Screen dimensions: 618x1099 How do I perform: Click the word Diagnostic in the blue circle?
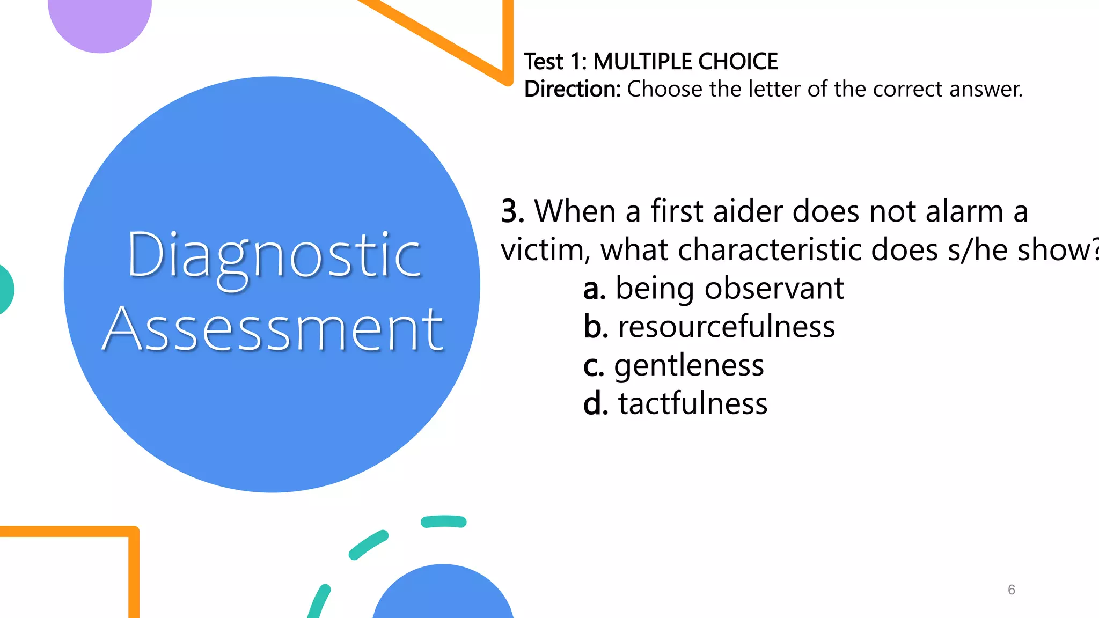[x=274, y=256]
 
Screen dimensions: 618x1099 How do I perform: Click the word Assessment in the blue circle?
[x=273, y=328]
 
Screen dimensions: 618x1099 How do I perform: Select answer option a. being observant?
[x=713, y=288]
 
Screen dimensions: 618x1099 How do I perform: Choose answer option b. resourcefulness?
[x=709, y=327]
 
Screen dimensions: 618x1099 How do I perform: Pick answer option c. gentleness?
[x=673, y=365]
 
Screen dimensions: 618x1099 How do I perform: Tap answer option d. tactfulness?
[x=675, y=403]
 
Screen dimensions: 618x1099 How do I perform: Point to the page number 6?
[x=1011, y=590]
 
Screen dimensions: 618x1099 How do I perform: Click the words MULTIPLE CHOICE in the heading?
[x=685, y=62]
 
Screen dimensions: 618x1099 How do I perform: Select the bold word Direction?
[x=572, y=89]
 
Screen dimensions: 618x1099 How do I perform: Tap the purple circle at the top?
[x=100, y=21]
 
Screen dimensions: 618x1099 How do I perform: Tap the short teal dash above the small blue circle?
[x=443, y=521]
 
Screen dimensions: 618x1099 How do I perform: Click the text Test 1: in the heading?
[x=555, y=62]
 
